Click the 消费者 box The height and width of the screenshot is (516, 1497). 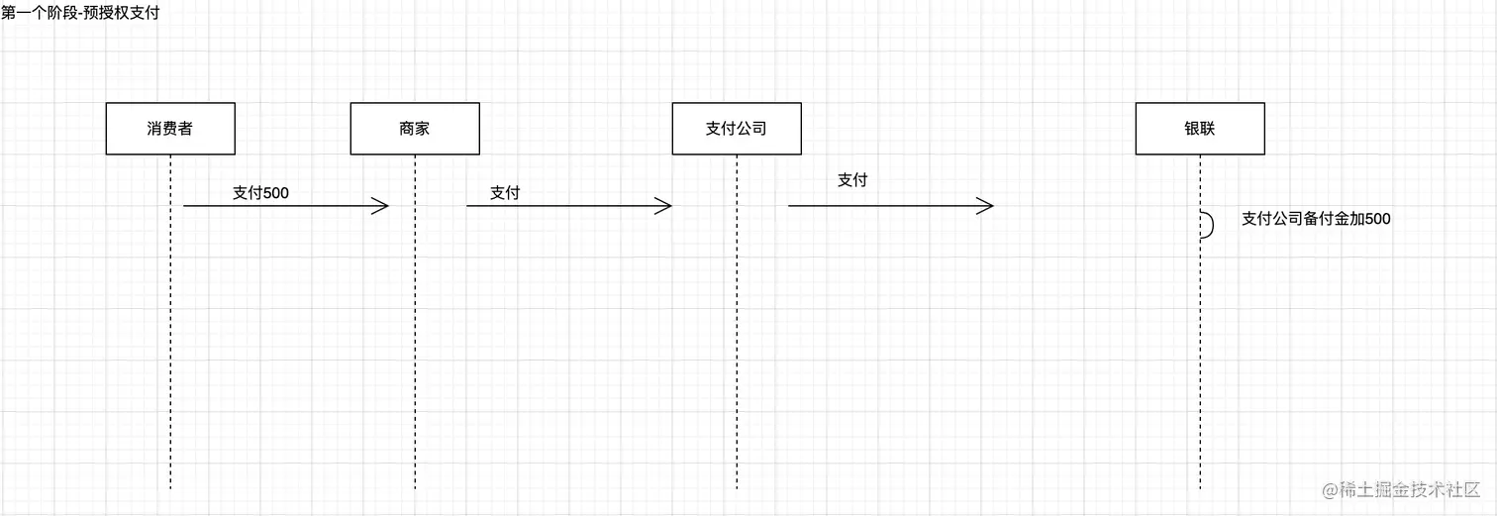click(170, 129)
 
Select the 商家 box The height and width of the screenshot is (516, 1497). click(415, 129)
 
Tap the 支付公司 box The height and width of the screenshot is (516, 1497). click(737, 129)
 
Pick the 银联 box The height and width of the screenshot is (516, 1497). click(1200, 129)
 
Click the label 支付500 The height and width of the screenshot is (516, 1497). click(260, 193)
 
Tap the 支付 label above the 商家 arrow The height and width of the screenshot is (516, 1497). click(505, 193)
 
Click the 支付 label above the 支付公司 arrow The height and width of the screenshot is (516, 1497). click(852, 179)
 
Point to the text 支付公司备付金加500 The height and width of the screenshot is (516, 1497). click(1316, 219)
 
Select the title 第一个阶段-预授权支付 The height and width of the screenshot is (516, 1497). click(80, 13)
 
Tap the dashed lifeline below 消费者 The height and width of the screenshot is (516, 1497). click(170, 347)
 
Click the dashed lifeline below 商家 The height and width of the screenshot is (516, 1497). click(415, 347)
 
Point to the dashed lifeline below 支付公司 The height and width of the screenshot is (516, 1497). click(737, 347)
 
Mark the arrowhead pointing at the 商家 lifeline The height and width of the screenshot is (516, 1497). click(381, 206)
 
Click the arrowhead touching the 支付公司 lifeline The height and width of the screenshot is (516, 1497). click(663, 206)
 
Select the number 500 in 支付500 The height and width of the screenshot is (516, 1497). click(276, 193)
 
